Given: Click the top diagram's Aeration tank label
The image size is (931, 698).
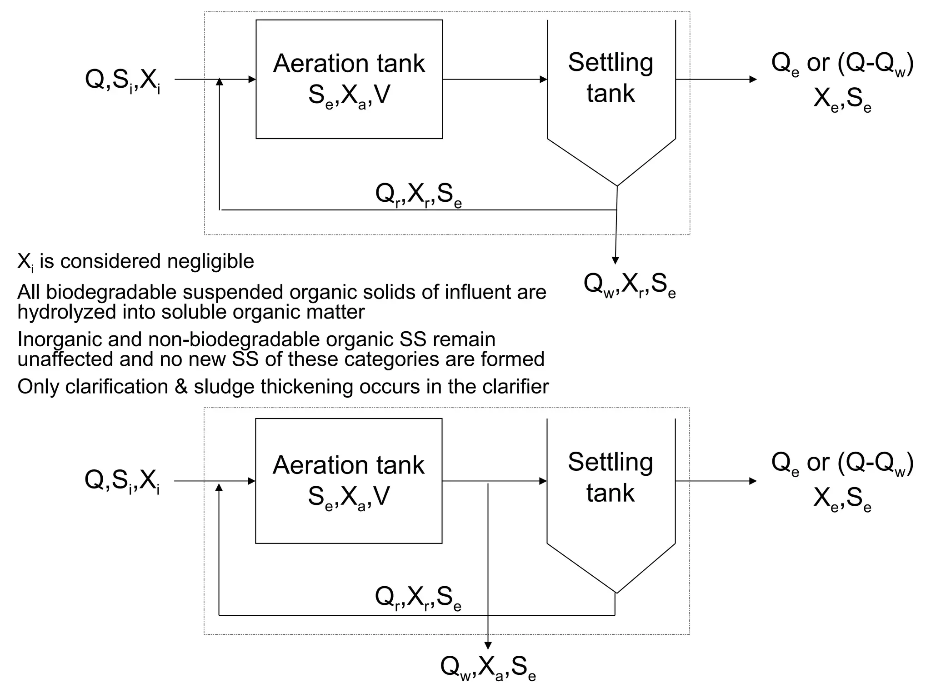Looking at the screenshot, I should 349,64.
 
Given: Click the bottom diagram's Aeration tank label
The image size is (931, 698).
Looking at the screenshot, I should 348,465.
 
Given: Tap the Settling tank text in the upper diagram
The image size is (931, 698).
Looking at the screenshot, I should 611,78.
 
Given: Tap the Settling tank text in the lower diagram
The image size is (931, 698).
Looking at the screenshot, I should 610,477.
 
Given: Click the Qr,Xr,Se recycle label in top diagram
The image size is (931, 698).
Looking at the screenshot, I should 418,195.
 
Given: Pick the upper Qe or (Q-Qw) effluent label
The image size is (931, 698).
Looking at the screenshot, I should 842,64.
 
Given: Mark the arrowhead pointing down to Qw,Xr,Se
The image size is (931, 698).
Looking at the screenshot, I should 615,260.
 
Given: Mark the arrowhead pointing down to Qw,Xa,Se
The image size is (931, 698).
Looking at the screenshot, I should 488,645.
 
